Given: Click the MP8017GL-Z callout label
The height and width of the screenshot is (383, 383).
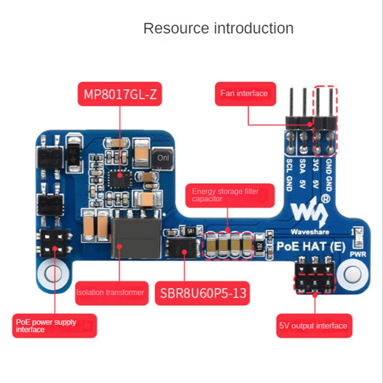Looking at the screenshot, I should click(120, 94).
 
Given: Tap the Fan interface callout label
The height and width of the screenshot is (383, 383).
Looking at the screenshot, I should click(245, 93).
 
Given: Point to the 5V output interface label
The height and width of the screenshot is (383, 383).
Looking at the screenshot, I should click(314, 326).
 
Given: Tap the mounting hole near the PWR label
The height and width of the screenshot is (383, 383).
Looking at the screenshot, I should click(352, 274).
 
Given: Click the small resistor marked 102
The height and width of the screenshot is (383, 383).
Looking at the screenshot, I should click(260, 247).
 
